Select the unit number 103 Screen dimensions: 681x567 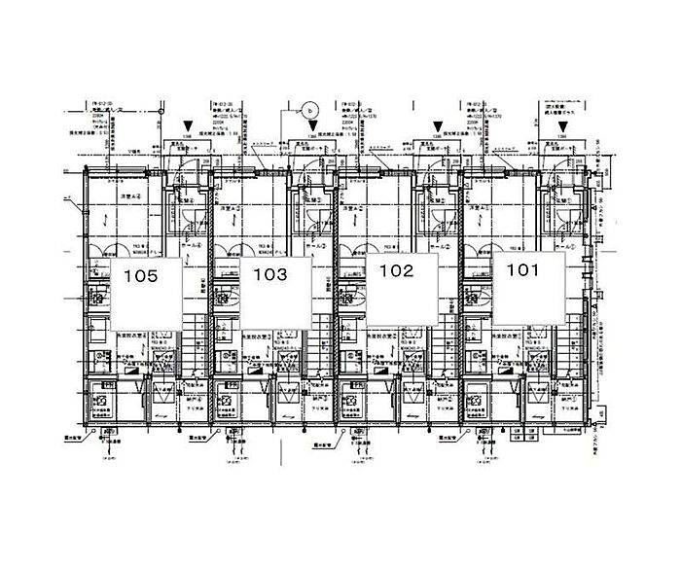pos(269,275)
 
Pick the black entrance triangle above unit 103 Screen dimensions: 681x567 pos(314,125)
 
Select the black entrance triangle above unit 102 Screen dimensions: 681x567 pos(438,125)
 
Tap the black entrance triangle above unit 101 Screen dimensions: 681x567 pos(563,125)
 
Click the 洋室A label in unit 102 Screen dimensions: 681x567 pos(352,209)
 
